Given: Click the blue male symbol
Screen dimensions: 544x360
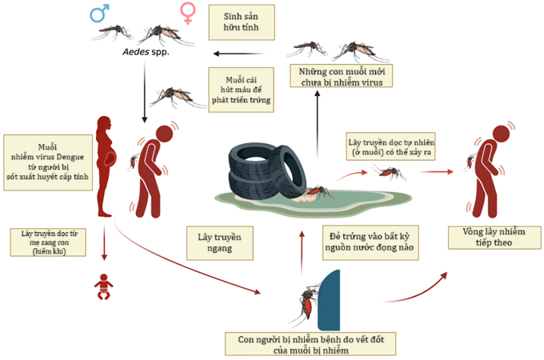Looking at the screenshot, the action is (x=99, y=13).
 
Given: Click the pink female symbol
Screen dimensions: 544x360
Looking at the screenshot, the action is (x=188, y=13).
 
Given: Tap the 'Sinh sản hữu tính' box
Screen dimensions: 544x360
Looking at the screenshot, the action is (x=242, y=22).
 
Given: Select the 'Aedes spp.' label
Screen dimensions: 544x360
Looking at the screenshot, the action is (x=146, y=52).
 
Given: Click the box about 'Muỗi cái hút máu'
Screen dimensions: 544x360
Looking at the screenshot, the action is (x=241, y=90).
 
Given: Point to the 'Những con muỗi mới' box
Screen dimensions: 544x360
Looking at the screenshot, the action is (x=342, y=76).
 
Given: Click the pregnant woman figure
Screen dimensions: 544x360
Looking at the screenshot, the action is (x=106, y=166).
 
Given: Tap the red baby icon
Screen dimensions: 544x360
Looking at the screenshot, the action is (x=103, y=287).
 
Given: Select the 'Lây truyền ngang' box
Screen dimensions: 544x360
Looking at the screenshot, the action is (x=220, y=243).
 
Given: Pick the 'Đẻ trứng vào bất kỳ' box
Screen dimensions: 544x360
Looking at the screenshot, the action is (x=370, y=242).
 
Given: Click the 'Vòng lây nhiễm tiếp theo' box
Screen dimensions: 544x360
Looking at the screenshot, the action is (x=494, y=238).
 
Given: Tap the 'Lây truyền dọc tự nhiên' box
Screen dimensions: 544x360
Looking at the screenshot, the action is (x=390, y=146).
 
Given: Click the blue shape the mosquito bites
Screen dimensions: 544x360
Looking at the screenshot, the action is (x=329, y=300).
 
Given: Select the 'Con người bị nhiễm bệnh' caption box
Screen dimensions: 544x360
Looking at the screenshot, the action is (x=310, y=344).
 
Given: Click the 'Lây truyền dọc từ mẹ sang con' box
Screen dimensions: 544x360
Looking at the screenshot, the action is (x=48, y=242).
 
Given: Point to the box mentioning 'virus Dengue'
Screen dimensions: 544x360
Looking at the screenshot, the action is (x=48, y=162).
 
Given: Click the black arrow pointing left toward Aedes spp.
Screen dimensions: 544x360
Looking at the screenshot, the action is (x=238, y=54).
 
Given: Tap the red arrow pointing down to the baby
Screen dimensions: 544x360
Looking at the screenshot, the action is (x=104, y=242).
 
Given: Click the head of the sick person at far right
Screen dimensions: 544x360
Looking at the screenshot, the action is (x=502, y=134).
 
